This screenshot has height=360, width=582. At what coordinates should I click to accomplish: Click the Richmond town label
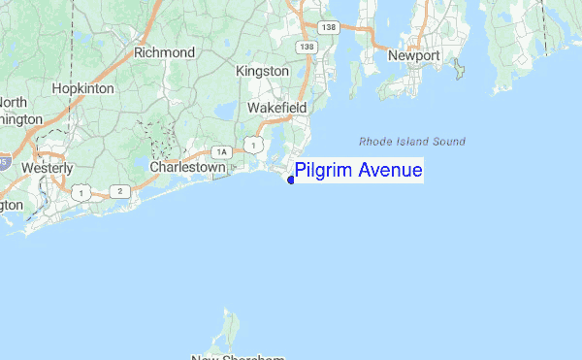coord(164,52)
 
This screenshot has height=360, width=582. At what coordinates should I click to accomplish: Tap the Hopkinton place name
coord(83,88)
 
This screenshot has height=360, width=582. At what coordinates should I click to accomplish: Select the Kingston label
coord(262,71)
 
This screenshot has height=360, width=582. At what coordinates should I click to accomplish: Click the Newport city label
coord(414,55)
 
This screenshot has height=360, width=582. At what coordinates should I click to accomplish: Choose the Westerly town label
coord(48,168)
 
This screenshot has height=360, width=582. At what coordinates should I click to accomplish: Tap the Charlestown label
coord(188,167)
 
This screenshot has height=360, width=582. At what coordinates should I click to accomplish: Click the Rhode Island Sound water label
coord(411,141)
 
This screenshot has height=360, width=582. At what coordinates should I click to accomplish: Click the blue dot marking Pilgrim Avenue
coord(291,180)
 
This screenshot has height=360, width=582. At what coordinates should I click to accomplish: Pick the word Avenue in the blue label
coord(390,171)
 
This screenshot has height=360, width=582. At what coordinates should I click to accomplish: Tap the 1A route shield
coord(222,151)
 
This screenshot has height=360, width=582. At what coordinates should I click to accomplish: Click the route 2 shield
coord(119,191)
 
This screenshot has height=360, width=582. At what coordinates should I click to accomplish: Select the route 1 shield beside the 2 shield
coord(82,194)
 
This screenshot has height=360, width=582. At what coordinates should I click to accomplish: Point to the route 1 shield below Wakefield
coord(253,145)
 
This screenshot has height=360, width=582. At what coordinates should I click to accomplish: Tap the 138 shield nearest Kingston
coord(307,47)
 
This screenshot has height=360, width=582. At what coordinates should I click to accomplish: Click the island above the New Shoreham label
coord(230,330)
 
